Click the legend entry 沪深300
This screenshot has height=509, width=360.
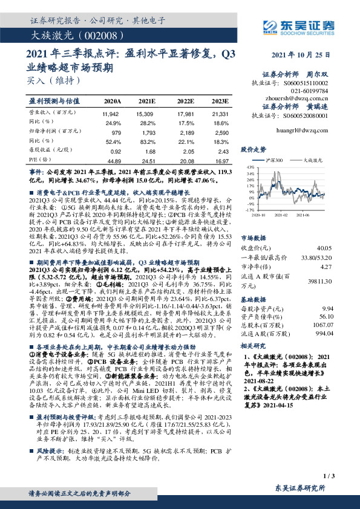(275, 160)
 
